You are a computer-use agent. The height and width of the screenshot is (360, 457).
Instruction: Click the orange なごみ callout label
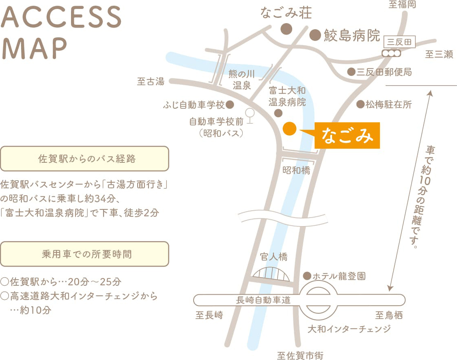pos(347,136)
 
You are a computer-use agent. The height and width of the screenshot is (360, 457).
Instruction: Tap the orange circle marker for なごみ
pos(289,129)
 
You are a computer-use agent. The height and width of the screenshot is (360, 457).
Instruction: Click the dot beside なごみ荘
pos(287,29)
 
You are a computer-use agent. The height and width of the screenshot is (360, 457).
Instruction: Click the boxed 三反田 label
pos(399,42)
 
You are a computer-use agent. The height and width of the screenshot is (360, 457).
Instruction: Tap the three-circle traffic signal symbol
pos(392,53)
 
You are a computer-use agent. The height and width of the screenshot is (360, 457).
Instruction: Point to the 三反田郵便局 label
pos(384,72)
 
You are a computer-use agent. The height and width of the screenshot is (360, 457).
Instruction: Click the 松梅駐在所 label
pos(388,105)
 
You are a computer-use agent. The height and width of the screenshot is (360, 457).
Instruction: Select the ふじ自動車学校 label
pos(194,105)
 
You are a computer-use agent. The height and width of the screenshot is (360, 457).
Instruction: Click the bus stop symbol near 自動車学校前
pos(250,115)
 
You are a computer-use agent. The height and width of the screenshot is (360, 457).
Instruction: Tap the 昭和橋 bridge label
pos(296,170)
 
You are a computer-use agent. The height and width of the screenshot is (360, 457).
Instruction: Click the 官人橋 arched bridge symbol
pos(271,274)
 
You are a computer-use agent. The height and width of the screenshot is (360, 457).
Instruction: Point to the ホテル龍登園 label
pos(339,276)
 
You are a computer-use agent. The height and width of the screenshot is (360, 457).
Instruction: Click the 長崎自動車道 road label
pos(263,300)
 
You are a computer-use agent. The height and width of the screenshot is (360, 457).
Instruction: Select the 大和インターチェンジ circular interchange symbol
pos(319,300)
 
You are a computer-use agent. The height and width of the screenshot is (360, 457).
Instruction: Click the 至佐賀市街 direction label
pos(300,356)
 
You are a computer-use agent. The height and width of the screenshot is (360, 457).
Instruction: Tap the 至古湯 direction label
pos(151,82)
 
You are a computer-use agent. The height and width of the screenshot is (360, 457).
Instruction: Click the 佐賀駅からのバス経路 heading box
pos(84,159)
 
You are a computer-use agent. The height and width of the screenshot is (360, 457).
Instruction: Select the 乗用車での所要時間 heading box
pos(84,254)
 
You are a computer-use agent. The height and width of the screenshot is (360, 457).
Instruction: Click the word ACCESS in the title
pos(62,17)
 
